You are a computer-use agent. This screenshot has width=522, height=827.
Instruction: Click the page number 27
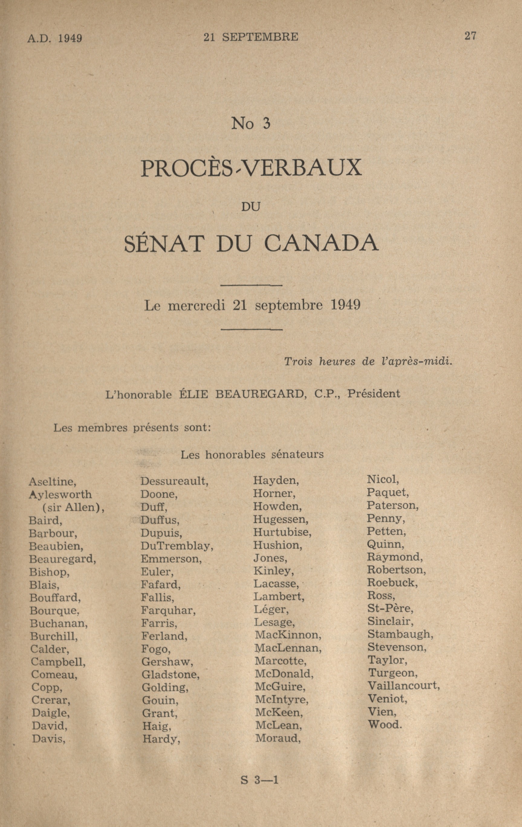[470, 36]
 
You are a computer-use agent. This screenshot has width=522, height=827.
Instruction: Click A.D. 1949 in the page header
[55, 38]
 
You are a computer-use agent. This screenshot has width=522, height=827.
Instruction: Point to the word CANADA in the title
[322, 244]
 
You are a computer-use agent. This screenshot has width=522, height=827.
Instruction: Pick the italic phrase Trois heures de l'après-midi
[368, 362]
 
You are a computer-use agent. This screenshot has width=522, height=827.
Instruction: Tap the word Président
[374, 394]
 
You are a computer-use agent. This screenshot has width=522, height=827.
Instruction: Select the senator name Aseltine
[52, 482]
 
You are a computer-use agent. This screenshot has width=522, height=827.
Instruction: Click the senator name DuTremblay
[177, 546]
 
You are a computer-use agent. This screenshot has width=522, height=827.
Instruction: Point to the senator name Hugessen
[280, 520]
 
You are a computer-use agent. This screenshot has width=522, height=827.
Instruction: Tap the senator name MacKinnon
[288, 635]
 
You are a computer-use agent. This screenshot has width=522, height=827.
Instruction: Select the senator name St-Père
[390, 608]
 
